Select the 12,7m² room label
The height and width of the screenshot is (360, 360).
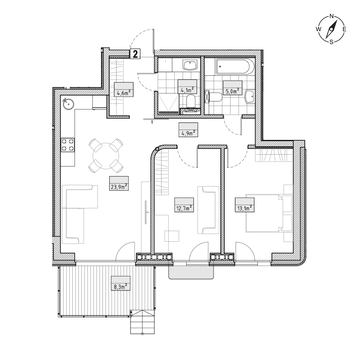coord(184,208)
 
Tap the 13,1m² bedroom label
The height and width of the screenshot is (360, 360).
coord(245,208)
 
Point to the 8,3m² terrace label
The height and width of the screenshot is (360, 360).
coord(121,286)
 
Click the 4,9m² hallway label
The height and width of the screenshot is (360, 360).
coord(188,133)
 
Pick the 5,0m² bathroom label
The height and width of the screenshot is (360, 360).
coord(233,91)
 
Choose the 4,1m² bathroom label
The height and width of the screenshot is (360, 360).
coord(187,90)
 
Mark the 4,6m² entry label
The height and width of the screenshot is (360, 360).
coord(124,93)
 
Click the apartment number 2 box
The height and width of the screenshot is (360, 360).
coord(135,54)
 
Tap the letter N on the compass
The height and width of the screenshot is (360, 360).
coord(332,16)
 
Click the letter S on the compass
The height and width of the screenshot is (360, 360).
coord(331,42)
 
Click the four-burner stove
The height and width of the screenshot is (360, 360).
coord(68,145)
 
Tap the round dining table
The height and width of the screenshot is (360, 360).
coord(106,156)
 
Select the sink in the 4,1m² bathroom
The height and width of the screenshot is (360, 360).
coord(190,65)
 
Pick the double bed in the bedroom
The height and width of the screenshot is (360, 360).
coord(269,213)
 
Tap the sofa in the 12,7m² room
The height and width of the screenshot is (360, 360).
coord(208,210)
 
